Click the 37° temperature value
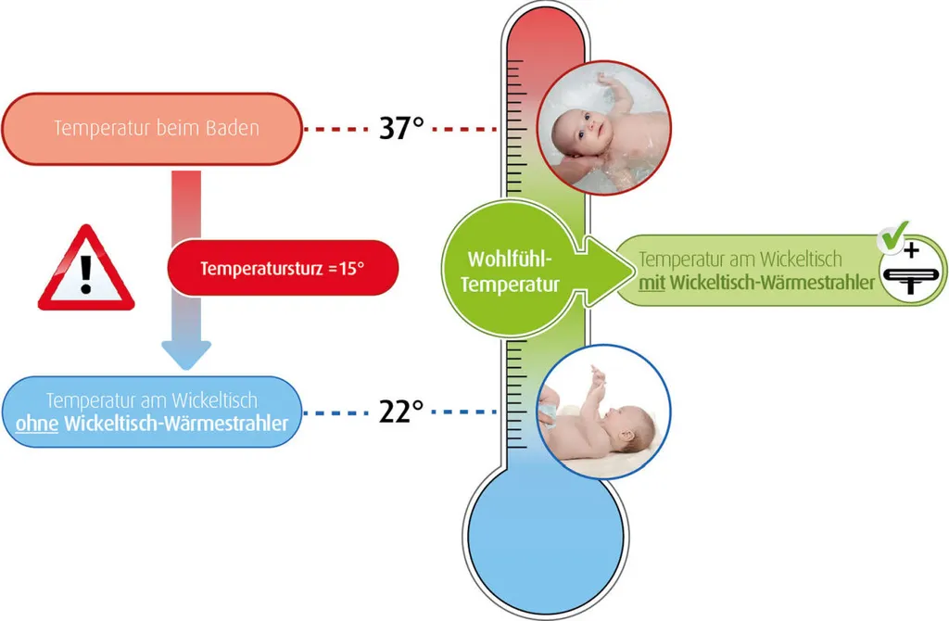[401, 128]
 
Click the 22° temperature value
[401, 412]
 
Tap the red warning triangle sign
[86, 270]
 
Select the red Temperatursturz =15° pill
[283, 268]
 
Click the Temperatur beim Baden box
[151, 128]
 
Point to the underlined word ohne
[37, 424]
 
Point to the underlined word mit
[652, 283]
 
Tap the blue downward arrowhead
[186, 353]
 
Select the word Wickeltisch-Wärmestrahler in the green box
[773, 283]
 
